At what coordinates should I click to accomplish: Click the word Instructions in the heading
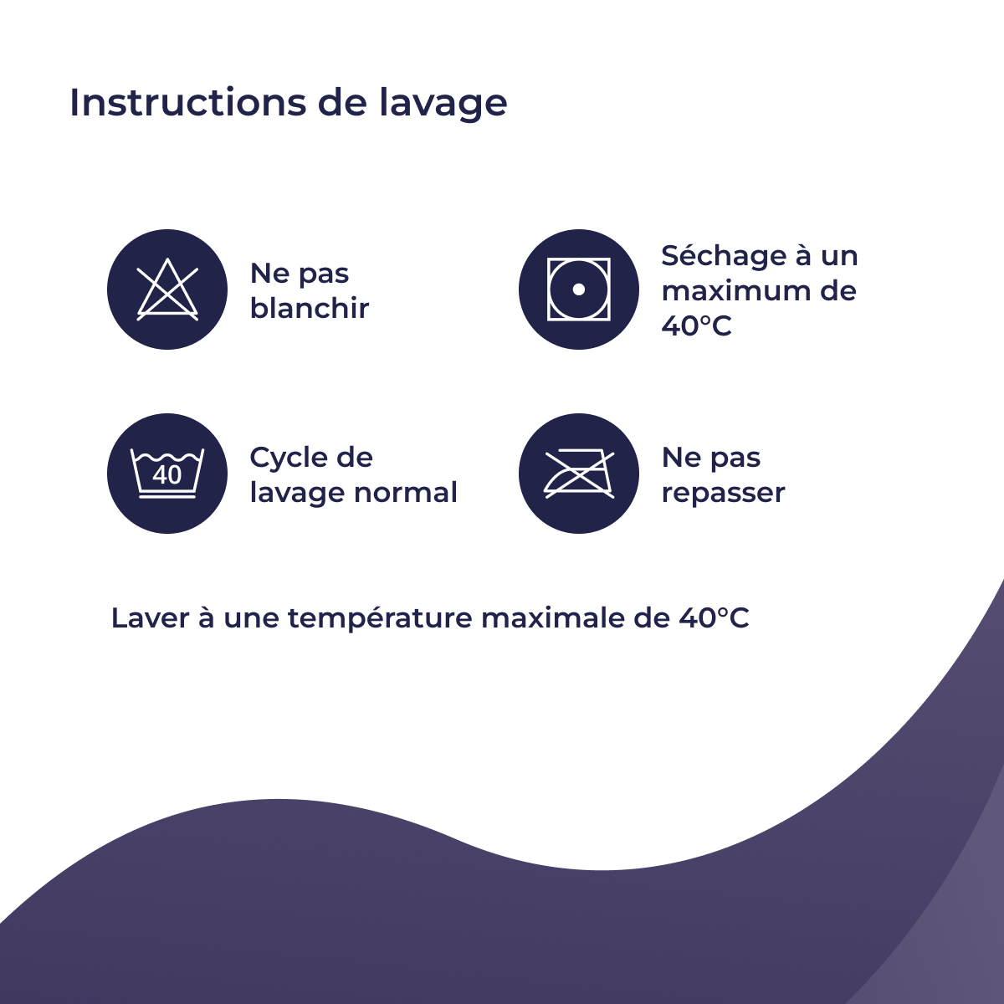188,102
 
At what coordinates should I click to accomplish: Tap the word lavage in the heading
443,104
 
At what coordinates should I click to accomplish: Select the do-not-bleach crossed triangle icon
167,289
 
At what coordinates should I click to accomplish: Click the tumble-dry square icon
579,289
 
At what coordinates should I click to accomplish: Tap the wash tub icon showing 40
167,474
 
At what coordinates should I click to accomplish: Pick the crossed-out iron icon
579,474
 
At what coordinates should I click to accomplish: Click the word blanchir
310,308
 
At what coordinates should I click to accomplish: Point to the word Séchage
725,256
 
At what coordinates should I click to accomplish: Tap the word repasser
723,493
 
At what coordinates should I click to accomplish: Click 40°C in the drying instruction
696,325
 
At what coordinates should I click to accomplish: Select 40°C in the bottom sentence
714,618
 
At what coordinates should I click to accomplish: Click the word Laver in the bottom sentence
150,618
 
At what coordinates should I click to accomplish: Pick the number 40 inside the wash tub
167,474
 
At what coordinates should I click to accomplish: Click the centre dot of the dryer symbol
579,289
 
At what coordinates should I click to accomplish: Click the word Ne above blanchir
269,274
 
